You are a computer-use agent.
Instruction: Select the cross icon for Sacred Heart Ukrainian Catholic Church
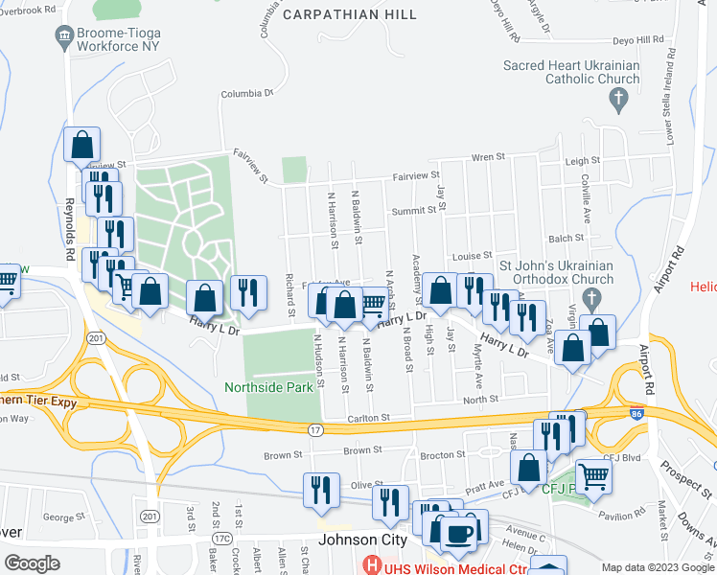pos(619,98)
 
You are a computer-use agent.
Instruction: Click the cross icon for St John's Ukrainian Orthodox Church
pos(593,297)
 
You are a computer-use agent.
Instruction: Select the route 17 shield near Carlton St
pos(315,430)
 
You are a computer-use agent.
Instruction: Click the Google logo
pos(32,563)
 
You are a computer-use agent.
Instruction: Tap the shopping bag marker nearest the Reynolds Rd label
pos(82,146)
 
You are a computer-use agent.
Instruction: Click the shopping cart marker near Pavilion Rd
pos(594,474)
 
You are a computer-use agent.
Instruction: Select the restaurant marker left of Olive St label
pos(320,489)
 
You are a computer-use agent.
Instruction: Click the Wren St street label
pos(488,156)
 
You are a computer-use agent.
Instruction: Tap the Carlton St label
pos(369,418)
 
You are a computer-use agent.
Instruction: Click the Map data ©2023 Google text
pos(657,567)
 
